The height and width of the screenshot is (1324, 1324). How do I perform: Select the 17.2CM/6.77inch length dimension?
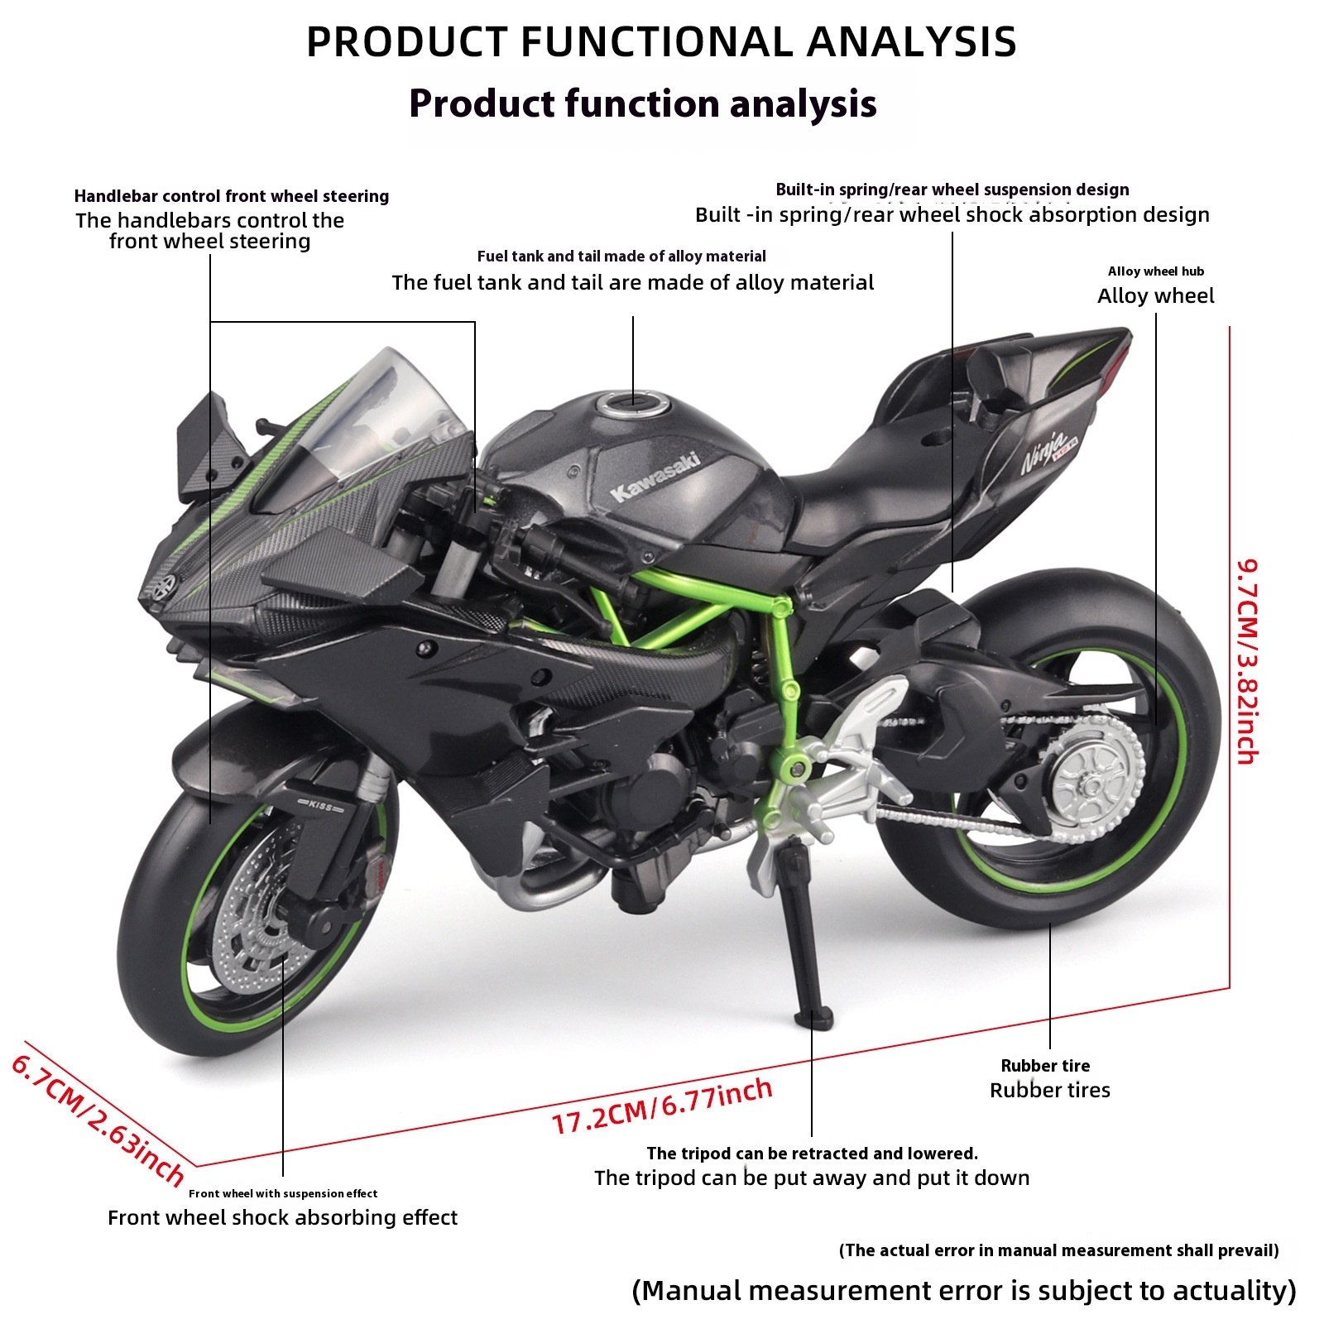click(662, 1106)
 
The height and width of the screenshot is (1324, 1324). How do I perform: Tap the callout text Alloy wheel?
click(1155, 296)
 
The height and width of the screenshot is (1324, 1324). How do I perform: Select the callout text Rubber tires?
click(1049, 1090)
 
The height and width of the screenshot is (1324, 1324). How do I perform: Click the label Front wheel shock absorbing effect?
click(282, 1217)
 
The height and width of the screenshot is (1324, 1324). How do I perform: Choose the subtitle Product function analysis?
click(643, 103)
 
